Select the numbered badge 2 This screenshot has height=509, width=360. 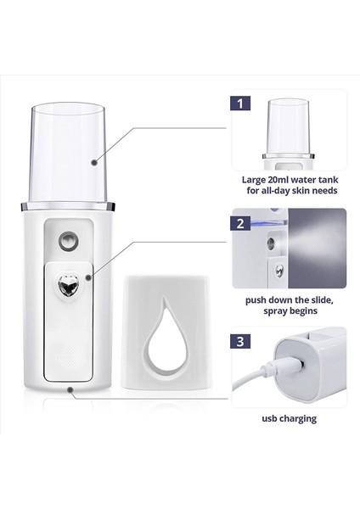(243, 226)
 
